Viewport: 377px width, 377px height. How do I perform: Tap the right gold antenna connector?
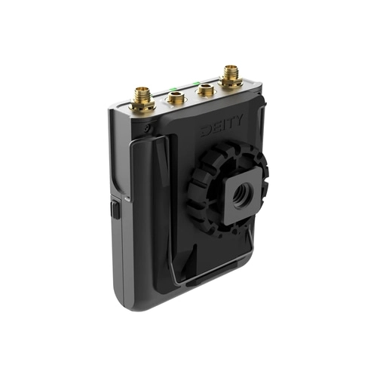230,77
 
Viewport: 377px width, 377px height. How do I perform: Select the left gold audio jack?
176,97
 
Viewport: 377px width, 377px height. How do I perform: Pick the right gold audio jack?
206,90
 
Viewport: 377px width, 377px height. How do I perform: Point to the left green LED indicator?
173,89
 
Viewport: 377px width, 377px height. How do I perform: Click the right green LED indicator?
196,83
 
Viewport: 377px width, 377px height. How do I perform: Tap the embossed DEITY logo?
222,126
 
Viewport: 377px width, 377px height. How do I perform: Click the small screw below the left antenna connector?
146,129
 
